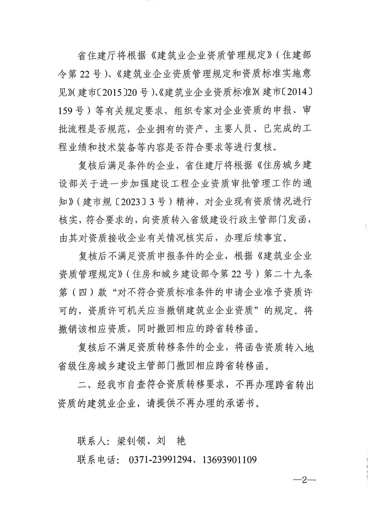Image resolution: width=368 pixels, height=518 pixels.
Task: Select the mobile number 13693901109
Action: [x=229, y=460]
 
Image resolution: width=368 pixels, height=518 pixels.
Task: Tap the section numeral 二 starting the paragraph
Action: [x=82, y=384]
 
